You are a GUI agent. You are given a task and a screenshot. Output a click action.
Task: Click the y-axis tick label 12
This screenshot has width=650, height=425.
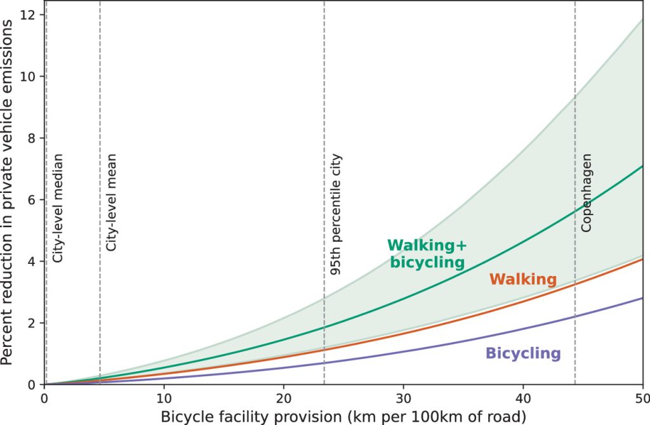click(28, 15)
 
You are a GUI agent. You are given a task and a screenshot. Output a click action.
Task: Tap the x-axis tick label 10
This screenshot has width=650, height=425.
click(164, 399)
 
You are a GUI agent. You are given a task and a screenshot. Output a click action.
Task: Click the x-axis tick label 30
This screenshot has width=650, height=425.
click(403, 399)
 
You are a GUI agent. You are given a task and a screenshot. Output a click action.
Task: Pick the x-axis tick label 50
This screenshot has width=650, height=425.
click(641, 399)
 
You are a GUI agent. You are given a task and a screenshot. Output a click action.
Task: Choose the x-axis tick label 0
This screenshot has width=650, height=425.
click(44, 399)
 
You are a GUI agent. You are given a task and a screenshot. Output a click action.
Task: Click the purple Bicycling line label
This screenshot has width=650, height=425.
click(522, 354)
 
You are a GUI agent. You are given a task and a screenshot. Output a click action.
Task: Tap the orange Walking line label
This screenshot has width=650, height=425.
click(522, 279)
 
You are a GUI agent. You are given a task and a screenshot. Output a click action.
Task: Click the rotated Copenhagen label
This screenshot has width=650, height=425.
click(587, 192)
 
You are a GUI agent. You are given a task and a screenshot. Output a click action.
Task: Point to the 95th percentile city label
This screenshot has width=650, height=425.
click(336, 214)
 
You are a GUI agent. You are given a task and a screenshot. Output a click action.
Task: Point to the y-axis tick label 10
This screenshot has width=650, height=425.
click(28, 76)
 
